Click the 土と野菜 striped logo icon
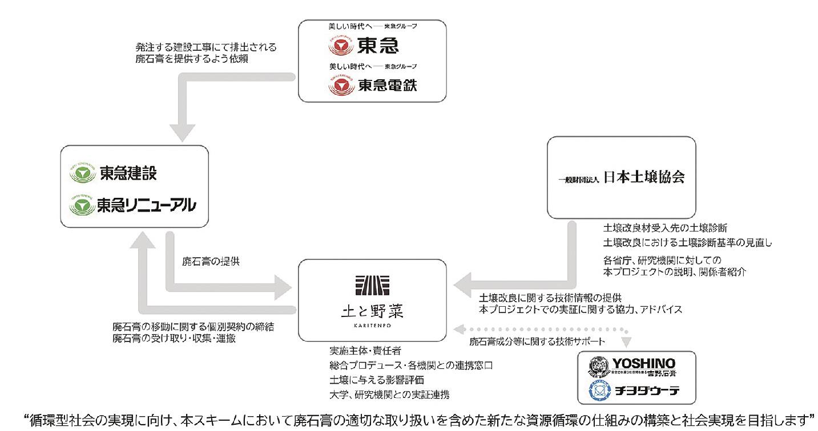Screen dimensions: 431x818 pos(372,284)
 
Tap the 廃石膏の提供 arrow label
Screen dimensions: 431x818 pos(211,262)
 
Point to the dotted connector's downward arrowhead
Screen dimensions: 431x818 pos(627,341)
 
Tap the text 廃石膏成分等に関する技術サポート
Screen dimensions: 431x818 pos(537,341)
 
